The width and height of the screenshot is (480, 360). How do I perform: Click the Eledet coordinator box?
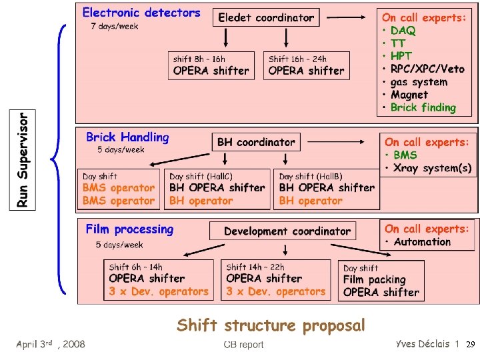coord(266,17)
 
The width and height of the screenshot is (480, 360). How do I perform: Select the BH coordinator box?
coord(256,142)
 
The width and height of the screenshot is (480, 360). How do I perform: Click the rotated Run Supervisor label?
coord(23,160)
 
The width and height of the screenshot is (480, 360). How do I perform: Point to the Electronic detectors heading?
coord(141,12)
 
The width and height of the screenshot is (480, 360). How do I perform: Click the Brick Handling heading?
coord(127,137)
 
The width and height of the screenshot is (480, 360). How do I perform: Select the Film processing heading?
coord(129,229)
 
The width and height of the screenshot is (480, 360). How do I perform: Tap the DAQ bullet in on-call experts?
coord(403,31)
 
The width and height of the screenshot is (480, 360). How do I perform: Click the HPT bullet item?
coord(401,56)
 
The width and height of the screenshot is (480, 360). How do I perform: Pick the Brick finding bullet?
coord(423,107)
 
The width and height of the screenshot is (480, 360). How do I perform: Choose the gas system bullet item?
coord(419,82)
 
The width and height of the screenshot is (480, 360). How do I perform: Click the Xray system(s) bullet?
coord(432,168)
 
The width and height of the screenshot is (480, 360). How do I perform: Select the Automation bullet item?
coord(422,242)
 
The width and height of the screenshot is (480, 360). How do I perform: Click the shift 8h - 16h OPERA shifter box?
coord(211,65)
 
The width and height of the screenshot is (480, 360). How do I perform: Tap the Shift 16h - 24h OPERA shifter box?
coord(307,65)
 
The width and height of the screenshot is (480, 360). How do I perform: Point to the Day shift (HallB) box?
coord(326,188)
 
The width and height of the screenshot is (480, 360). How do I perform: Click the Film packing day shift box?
coord(381,280)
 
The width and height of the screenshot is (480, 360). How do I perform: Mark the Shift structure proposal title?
coord(271,325)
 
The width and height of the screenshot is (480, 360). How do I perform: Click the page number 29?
coord(469,345)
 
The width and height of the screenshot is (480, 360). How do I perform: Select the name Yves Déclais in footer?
coord(423,344)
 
